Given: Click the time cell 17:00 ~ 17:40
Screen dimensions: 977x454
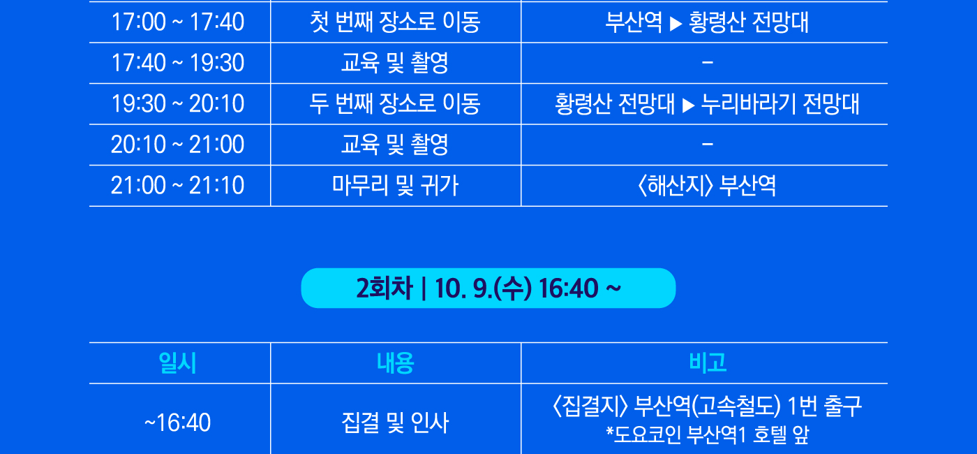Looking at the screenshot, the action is (x=177, y=22).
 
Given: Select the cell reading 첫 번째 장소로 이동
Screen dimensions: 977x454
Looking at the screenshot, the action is (x=395, y=22).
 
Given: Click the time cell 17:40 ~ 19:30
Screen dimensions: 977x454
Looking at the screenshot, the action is (x=177, y=62).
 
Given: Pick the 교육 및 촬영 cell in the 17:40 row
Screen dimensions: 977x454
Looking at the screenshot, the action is (x=395, y=63).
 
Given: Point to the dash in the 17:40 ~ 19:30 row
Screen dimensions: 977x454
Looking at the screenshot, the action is (x=708, y=63).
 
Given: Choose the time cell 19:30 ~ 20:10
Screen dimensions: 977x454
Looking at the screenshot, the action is (x=177, y=103).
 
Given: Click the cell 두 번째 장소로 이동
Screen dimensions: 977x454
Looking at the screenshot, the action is (x=395, y=103).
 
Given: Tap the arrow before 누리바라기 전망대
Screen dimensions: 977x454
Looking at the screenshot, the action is (x=688, y=105).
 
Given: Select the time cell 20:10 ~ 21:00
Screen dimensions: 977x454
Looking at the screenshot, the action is (x=177, y=145).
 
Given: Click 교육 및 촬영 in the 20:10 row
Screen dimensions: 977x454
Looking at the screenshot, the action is (x=395, y=145).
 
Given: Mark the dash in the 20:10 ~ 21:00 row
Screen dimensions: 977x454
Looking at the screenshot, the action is (x=708, y=145).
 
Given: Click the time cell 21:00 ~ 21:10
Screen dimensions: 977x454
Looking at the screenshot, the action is (x=177, y=185).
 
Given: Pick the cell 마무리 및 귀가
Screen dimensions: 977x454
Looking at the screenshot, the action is (x=395, y=186).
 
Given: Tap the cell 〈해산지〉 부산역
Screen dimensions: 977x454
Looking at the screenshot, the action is (x=707, y=186).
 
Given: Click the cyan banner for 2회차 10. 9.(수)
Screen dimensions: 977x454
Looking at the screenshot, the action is (x=488, y=288).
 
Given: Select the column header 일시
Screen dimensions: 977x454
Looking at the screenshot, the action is (x=177, y=363).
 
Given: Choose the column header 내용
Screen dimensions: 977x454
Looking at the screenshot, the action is (x=395, y=363).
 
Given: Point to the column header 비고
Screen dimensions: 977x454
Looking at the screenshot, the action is (x=708, y=363).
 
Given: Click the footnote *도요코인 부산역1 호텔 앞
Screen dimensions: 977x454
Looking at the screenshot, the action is (x=707, y=434).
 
